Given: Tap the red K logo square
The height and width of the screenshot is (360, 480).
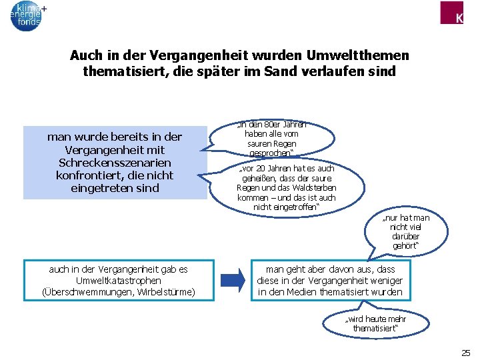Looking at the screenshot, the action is coord(451,12).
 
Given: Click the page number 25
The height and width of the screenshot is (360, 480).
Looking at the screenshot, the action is coord(465,353).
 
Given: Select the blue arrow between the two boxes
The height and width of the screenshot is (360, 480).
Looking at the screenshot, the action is coord(233,279).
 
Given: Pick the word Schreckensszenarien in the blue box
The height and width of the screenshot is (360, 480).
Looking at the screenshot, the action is coord(115,163).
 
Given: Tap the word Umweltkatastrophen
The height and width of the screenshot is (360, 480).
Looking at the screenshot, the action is coord(119,281).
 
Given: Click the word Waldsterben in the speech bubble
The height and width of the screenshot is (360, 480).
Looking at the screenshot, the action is coord(318,188).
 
